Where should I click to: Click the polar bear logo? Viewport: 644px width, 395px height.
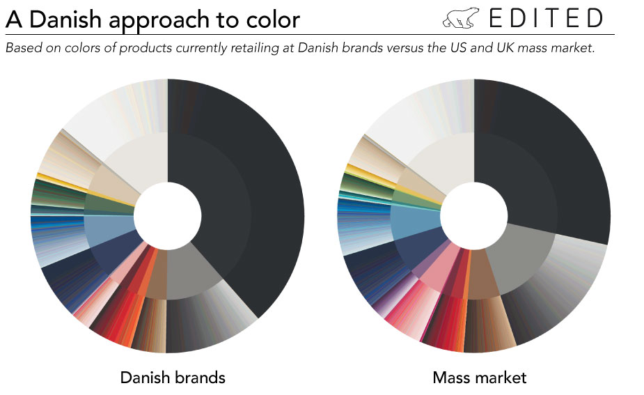[460, 19]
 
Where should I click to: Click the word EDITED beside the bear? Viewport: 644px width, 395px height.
[546, 19]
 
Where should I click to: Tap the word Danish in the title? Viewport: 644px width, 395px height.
[65, 20]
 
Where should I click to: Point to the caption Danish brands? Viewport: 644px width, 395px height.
[173, 378]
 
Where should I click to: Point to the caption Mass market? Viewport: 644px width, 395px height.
[479, 378]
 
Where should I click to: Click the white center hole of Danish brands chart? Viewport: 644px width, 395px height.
[168, 215]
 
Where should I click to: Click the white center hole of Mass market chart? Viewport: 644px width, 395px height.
[474, 215]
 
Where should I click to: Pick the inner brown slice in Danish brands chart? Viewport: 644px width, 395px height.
[158, 274]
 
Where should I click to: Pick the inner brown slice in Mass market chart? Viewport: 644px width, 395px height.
[482, 274]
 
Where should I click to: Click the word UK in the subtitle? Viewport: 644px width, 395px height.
[505, 48]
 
